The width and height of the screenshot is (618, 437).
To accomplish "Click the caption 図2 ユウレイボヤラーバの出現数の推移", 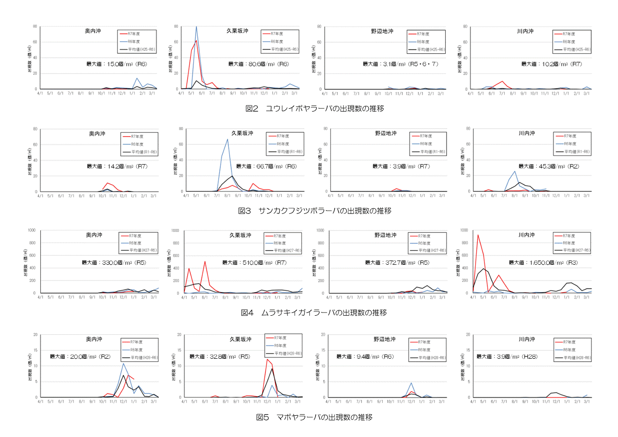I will pos(315,108).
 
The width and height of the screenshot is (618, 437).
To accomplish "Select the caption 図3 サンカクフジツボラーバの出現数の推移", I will pos(315,211).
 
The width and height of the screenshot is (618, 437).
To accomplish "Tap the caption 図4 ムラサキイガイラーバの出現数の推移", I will pos(314,312).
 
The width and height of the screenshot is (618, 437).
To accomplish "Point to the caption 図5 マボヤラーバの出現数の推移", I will pos(314,417).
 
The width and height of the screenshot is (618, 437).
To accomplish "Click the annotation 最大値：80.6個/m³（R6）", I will pos(258,64).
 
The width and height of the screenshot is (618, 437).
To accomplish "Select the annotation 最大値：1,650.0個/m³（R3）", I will pos(544,262).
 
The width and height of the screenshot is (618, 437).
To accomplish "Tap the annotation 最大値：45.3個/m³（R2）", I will pos(549,166).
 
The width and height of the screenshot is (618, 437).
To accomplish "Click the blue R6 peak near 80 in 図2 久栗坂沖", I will pos(196,27).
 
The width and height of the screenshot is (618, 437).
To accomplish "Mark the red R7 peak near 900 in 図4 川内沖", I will pos(478,235).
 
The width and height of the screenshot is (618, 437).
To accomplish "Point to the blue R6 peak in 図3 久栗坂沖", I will pos(227,139).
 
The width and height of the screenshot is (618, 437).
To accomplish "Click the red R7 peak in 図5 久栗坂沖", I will pos(267,359).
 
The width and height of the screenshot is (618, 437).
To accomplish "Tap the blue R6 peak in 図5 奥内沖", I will pos(123,363).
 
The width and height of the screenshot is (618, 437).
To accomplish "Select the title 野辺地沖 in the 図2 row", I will pos(382,31).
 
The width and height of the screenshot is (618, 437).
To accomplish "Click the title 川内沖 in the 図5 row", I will pos(526,339).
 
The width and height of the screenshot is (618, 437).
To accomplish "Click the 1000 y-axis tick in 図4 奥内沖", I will pos(31,230).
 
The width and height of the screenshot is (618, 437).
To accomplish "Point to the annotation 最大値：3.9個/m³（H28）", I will pos(507,356).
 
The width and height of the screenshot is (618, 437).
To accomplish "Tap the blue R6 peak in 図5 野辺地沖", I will pos(411,383).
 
